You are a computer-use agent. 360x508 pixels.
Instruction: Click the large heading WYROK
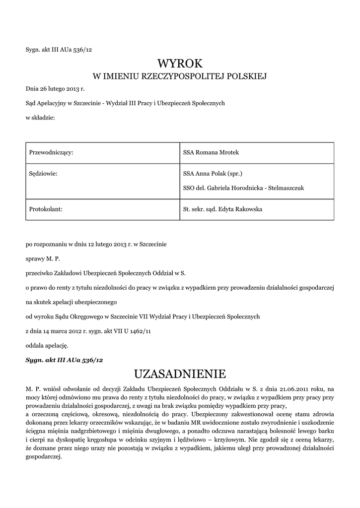pyautogui.click(x=180, y=63)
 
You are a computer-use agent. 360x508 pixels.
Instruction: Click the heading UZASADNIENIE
pyautogui.click(x=180, y=373)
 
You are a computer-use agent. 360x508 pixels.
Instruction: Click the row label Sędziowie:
pyautogui.click(x=43, y=174)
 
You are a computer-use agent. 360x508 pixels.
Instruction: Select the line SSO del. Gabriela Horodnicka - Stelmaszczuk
pyautogui.click(x=243, y=188)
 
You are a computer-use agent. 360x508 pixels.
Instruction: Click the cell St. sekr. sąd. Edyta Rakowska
pyautogui.click(x=222, y=209)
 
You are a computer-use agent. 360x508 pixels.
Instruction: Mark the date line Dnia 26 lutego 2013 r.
pyautogui.click(x=56, y=89)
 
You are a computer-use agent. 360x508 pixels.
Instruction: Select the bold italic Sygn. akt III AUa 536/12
pyautogui.click(x=65, y=359)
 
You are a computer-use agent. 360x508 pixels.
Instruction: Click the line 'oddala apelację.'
pyautogui.click(x=46, y=345)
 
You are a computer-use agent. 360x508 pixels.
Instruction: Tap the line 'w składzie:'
pyautogui.click(x=40, y=118)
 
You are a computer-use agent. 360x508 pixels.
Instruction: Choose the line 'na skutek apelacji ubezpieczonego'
pyautogui.click(x=71, y=302)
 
